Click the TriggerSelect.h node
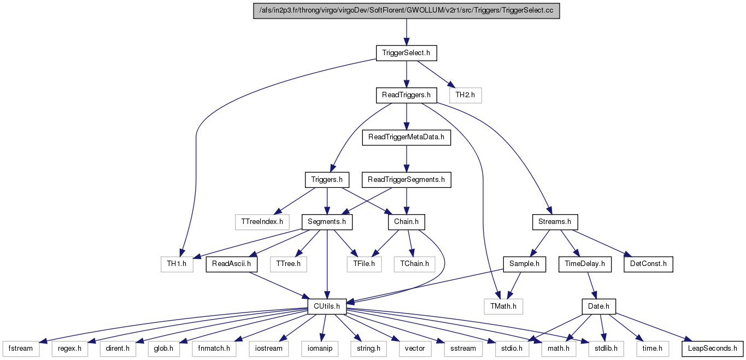(x=406, y=53)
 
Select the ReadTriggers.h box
(x=406, y=95)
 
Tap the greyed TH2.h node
(x=465, y=95)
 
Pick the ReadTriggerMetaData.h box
(x=406, y=137)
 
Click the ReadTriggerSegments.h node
(x=406, y=180)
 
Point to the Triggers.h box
(x=327, y=180)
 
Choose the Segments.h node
(x=327, y=222)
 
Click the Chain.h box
(x=406, y=222)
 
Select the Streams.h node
(x=555, y=222)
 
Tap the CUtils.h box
(x=327, y=306)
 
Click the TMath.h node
(x=503, y=306)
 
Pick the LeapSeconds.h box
(x=712, y=349)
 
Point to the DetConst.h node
(x=648, y=264)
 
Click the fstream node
(x=21, y=349)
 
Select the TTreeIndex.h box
(x=262, y=222)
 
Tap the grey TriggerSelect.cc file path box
(x=406, y=11)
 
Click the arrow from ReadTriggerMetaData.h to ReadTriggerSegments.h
(x=406, y=158)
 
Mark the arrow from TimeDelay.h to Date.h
(x=592, y=285)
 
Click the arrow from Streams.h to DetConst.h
(x=601, y=244)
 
